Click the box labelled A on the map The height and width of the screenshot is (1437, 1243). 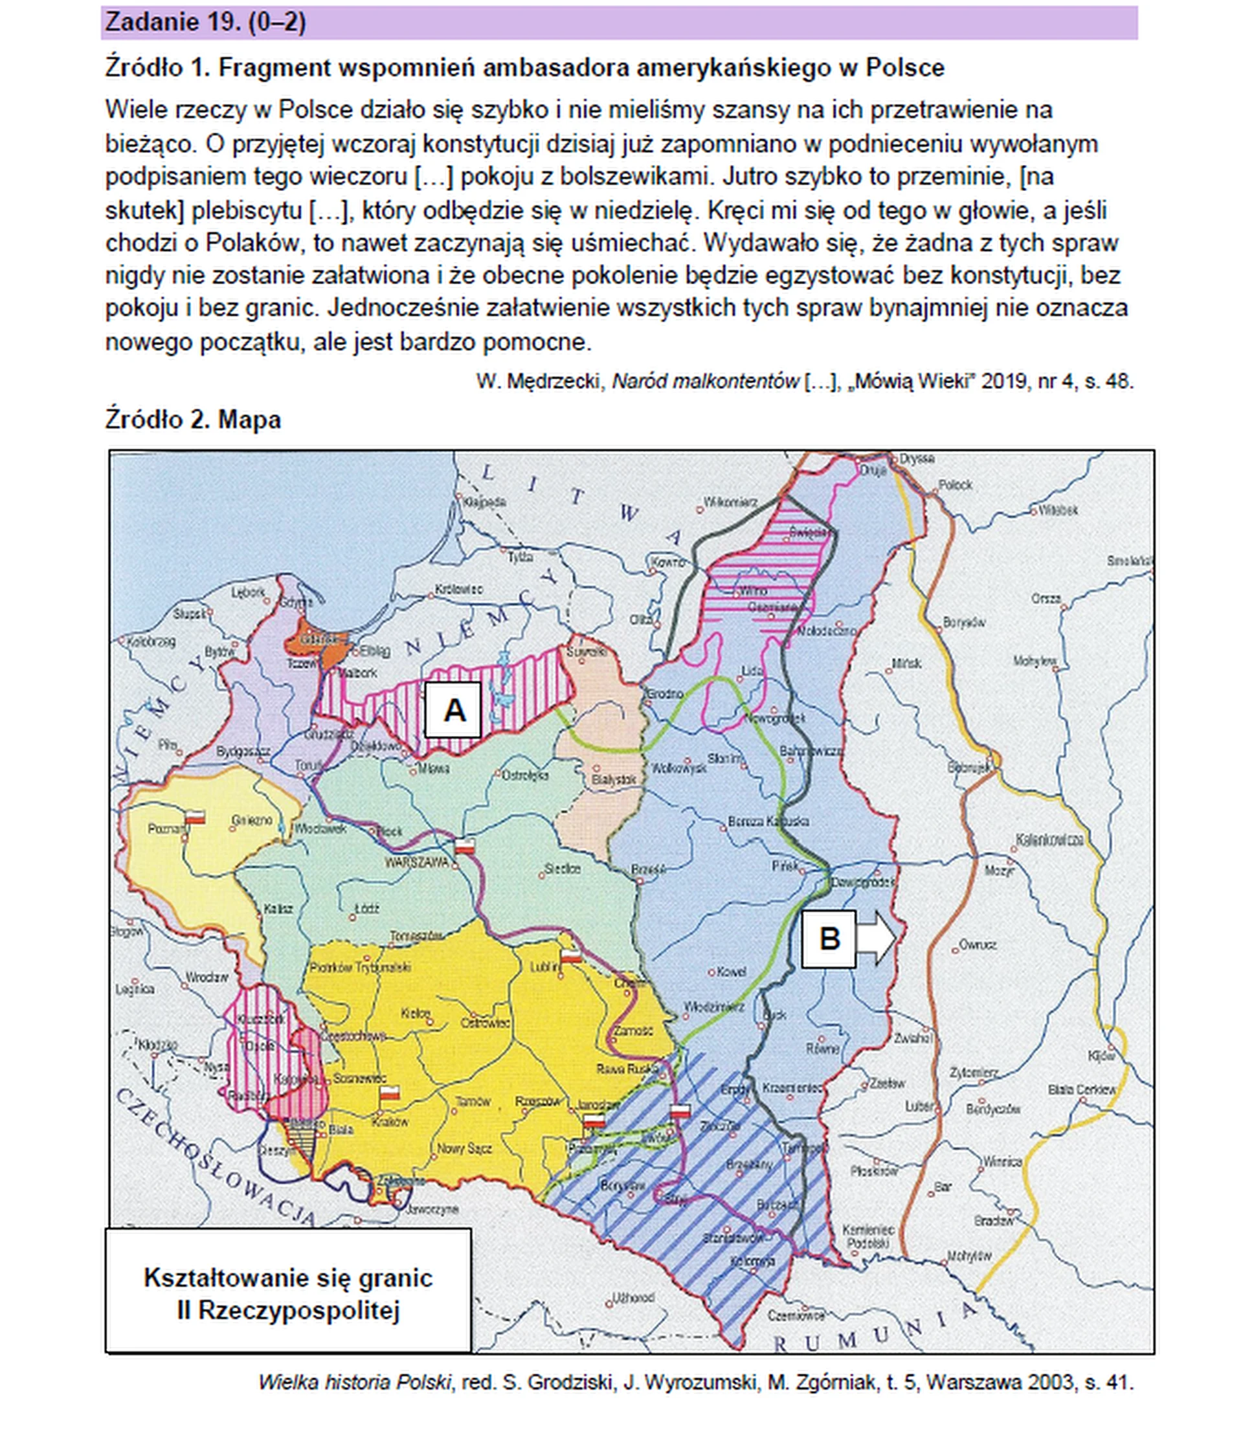(x=453, y=709)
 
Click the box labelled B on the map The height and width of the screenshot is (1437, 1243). (x=828, y=939)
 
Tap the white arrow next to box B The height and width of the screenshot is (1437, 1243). (x=876, y=939)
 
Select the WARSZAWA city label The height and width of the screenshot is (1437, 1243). (x=417, y=863)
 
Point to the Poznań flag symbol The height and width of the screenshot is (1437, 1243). (x=196, y=816)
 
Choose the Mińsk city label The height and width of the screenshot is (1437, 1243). (x=906, y=663)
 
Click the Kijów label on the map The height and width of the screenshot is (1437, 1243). (x=1101, y=1056)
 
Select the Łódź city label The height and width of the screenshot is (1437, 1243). (x=366, y=908)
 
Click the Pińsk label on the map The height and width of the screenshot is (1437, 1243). (x=785, y=866)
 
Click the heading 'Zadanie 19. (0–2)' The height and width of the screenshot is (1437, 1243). (x=205, y=23)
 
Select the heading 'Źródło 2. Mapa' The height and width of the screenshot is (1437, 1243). (x=193, y=419)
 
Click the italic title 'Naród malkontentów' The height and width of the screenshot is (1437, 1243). (x=705, y=381)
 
